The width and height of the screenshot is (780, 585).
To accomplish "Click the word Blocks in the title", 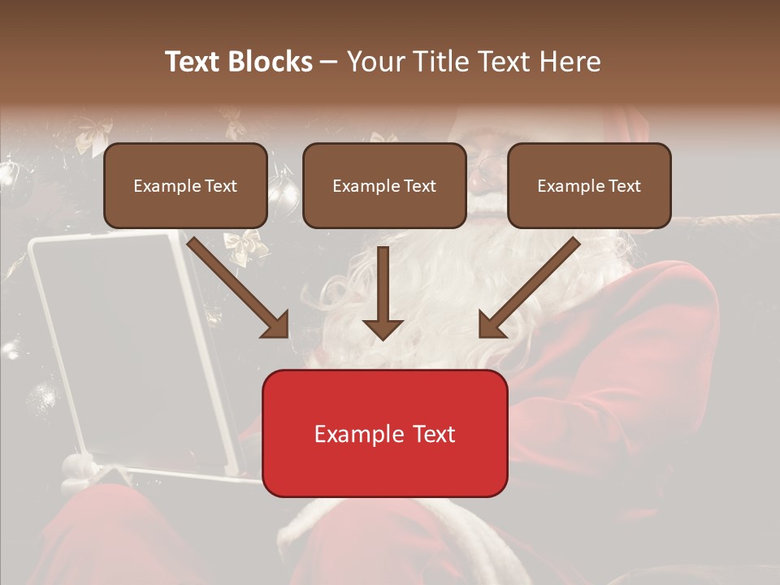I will tap(270, 62).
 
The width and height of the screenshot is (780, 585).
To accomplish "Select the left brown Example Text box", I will tap(185, 185).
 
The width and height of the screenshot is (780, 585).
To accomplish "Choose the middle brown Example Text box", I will tap(384, 185).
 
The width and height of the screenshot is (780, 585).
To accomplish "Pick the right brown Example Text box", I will tap(589, 185).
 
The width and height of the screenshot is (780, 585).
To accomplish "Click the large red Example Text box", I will tap(384, 433).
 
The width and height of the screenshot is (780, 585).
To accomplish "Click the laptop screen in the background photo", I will tap(114, 341).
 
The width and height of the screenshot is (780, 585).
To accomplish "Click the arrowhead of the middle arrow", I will tap(383, 329).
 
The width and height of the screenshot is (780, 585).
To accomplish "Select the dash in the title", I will tap(329, 62).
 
